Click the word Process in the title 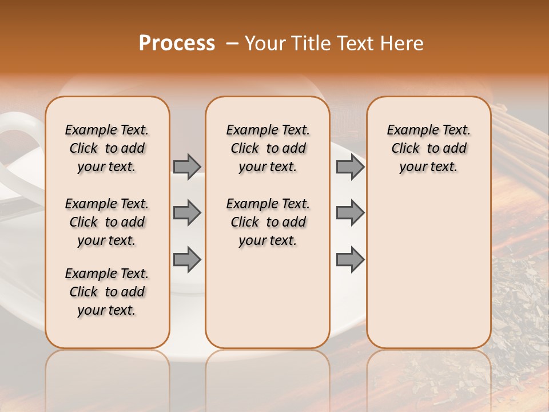(x=177, y=43)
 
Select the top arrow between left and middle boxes (x=187, y=167)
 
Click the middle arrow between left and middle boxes (x=187, y=213)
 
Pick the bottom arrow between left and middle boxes (x=187, y=259)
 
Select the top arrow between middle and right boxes (x=350, y=167)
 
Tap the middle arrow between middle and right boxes (x=350, y=213)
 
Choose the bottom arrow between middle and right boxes (x=350, y=259)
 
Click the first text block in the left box (x=107, y=148)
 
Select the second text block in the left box (x=107, y=222)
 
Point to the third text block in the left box (x=107, y=292)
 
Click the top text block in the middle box (x=268, y=148)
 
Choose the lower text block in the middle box (x=268, y=222)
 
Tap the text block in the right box (x=428, y=148)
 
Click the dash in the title (x=232, y=43)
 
